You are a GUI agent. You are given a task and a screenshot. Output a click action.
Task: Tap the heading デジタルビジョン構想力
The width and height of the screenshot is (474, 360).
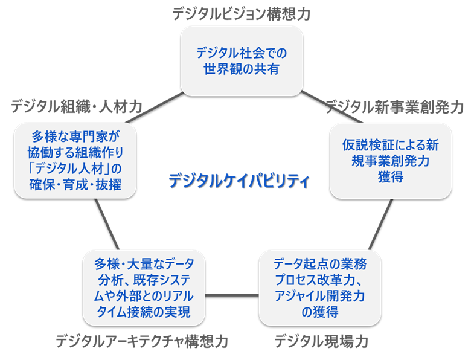click(x=242, y=14)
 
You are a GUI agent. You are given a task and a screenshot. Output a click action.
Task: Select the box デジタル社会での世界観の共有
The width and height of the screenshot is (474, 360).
click(x=242, y=60)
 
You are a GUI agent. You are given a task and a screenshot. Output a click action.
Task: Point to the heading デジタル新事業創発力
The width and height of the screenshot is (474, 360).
click(x=395, y=107)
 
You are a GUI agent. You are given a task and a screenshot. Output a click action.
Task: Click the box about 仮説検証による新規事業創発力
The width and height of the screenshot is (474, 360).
click(x=390, y=161)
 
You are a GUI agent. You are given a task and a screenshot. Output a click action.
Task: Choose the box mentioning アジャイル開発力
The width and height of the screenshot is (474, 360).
click(x=320, y=288)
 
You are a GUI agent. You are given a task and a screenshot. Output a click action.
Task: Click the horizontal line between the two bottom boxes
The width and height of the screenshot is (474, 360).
click(x=232, y=295)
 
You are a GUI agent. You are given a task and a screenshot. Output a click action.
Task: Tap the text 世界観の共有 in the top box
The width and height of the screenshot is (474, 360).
click(x=242, y=68)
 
